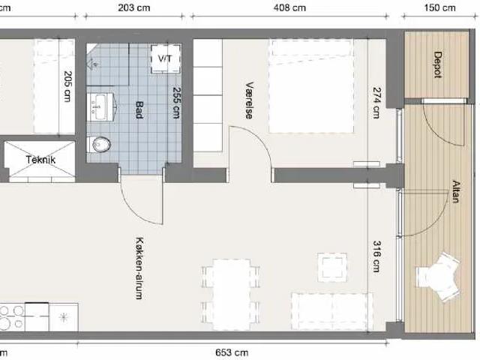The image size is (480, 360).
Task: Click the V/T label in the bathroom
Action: (165, 58)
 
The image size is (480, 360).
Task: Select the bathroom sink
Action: (100, 106)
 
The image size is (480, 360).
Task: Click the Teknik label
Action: (40, 160)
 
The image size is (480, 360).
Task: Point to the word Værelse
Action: (250, 100)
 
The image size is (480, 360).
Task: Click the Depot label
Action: (438, 65)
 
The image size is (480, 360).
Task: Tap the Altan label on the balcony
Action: (456, 191)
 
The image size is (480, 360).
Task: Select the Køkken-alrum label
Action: (139, 268)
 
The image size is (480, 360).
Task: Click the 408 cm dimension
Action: (289, 7)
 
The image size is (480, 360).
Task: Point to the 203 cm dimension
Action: (134, 7)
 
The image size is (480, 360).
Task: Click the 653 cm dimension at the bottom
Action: (232, 352)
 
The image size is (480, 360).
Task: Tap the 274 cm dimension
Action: (376, 103)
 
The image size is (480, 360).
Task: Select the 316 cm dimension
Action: (377, 256)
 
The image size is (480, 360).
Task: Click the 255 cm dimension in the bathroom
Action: (177, 103)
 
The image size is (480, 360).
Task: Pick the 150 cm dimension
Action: (440, 7)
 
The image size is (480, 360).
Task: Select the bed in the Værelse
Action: (311, 86)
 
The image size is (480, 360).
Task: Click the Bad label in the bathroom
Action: (139, 110)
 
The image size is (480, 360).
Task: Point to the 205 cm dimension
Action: (67, 86)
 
